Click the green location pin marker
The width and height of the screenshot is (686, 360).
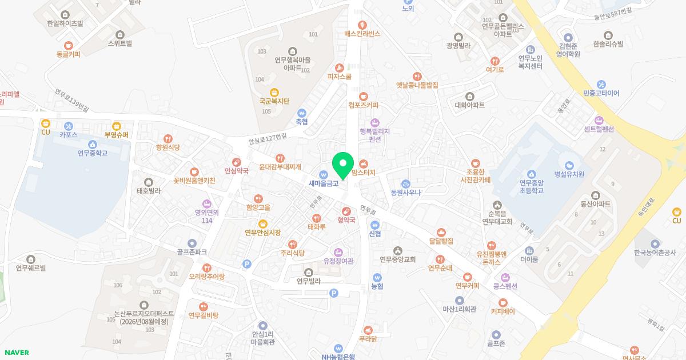pos(343,165)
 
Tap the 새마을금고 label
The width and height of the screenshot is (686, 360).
pos(324,183)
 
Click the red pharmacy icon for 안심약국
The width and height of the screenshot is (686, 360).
pos(237,163)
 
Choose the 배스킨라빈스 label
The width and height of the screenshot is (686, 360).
pos(362,34)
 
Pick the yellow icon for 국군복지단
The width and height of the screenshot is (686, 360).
pos(274,93)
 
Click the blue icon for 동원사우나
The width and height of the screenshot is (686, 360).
pos(406,184)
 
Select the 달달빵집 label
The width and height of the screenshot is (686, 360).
pos(441,241)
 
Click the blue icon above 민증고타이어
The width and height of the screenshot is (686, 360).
pos(601,85)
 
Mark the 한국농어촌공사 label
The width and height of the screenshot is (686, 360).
pos(655,253)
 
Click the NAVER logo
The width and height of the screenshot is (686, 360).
pos(16,353)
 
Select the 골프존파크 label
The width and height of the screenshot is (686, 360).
pos(192,252)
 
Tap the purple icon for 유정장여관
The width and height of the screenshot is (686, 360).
pos(338,253)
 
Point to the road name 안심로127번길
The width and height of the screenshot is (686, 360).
pos(268,138)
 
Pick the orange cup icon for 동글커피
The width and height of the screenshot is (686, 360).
pos(69,46)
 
